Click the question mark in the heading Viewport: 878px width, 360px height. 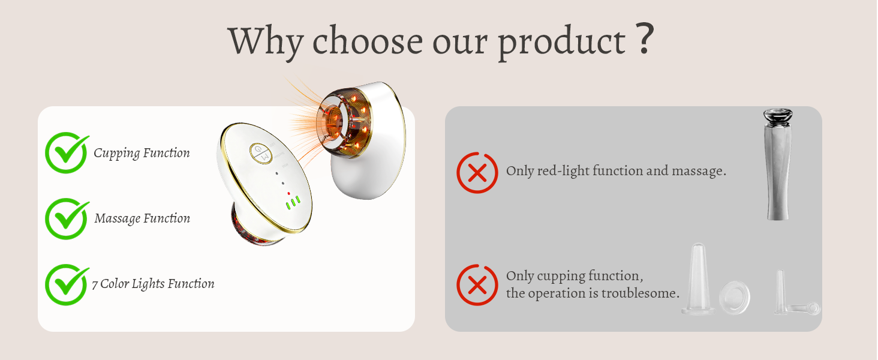[644, 40]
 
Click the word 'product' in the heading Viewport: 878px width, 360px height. [562, 42]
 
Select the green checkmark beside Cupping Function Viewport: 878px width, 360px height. [66, 152]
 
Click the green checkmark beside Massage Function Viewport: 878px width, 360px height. [66, 218]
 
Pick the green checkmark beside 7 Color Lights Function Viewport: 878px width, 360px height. [66, 284]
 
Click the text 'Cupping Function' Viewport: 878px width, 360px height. [142, 153]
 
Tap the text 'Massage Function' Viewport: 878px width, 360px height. [142, 218]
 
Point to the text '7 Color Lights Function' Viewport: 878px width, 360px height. [153, 284]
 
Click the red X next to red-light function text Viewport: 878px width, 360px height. [477, 173]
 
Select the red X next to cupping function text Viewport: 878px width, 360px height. [477, 285]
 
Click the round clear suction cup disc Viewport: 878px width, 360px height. [735, 297]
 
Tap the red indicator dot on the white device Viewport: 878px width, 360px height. [289, 193]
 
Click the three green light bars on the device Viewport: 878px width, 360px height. [293, 203]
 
